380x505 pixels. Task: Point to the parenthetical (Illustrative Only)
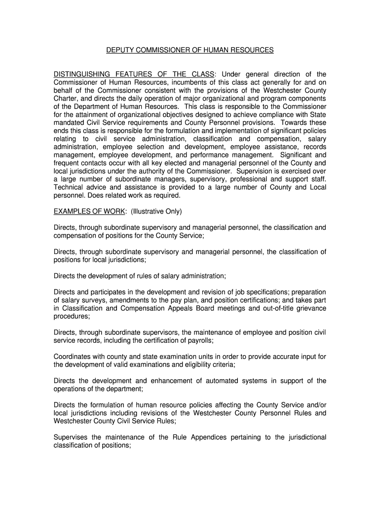[157, 212]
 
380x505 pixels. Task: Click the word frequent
[68, 163]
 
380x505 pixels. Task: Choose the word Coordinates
[74, 357]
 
